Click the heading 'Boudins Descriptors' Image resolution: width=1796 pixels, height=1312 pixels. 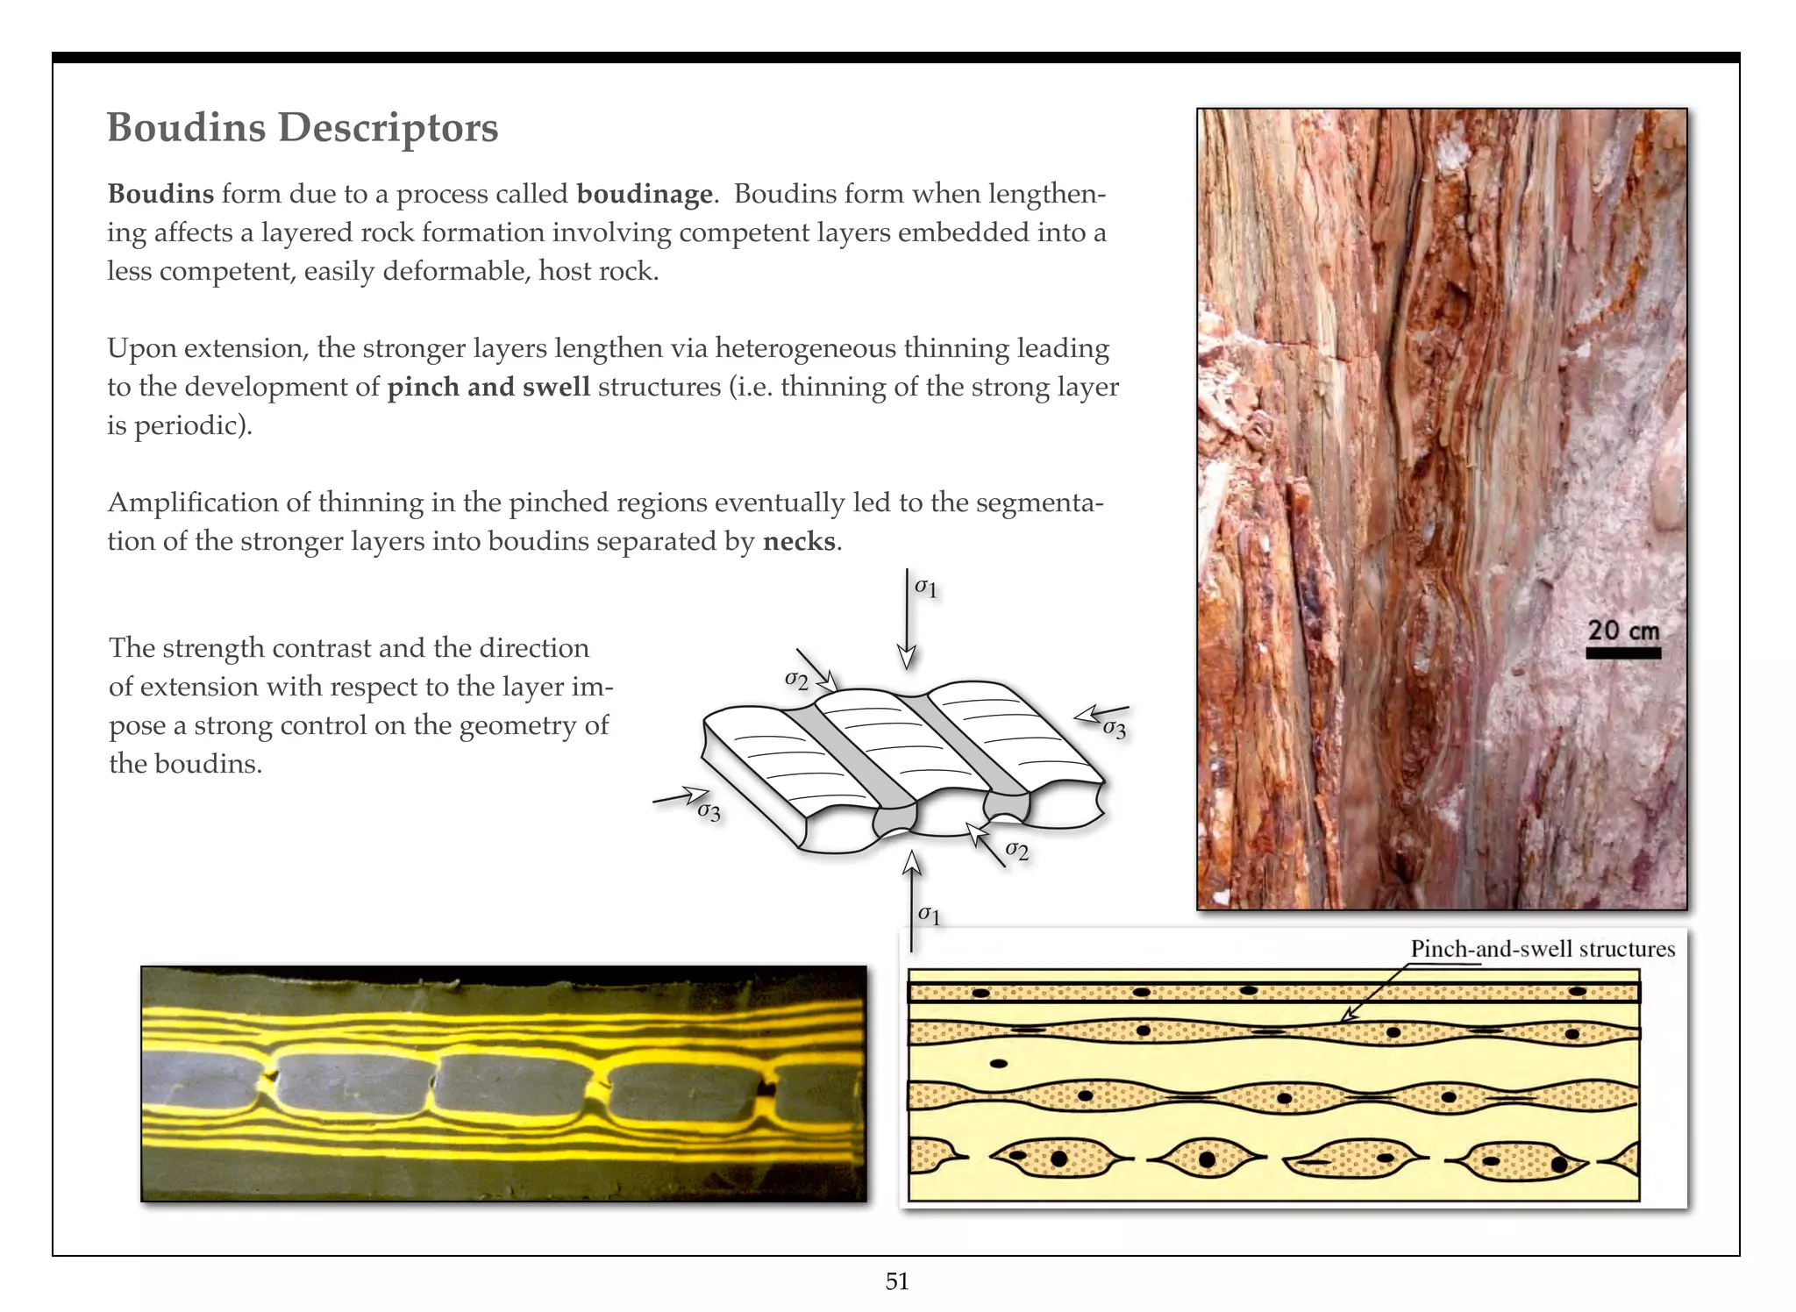point(303,128)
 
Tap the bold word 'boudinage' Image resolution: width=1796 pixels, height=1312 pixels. point(645,194)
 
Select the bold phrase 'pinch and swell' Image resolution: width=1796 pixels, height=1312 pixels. point(488,387)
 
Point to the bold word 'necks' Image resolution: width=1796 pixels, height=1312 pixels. point(799,541)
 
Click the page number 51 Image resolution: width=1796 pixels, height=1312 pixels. point(897,1281)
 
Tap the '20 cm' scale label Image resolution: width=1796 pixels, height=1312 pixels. point(1623,630)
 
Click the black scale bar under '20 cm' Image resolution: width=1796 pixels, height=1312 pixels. point(1623,653)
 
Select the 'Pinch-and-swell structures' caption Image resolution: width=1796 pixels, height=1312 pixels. point(1542,949)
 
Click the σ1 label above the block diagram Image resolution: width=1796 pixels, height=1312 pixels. point(926,588)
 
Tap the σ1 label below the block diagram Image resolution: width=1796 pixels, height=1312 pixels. point(929,915)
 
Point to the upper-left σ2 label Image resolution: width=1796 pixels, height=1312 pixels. point(796,680)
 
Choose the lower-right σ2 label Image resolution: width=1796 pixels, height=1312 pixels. point(1017,849)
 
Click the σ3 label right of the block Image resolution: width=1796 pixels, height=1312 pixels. point(1114,728)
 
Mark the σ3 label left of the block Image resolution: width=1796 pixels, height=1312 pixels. point(709,812)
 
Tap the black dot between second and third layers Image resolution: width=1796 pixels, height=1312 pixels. point(998,1064)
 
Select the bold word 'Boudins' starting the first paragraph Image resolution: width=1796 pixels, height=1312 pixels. point(160,194)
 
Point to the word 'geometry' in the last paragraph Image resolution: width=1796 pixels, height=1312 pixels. point(514,725)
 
